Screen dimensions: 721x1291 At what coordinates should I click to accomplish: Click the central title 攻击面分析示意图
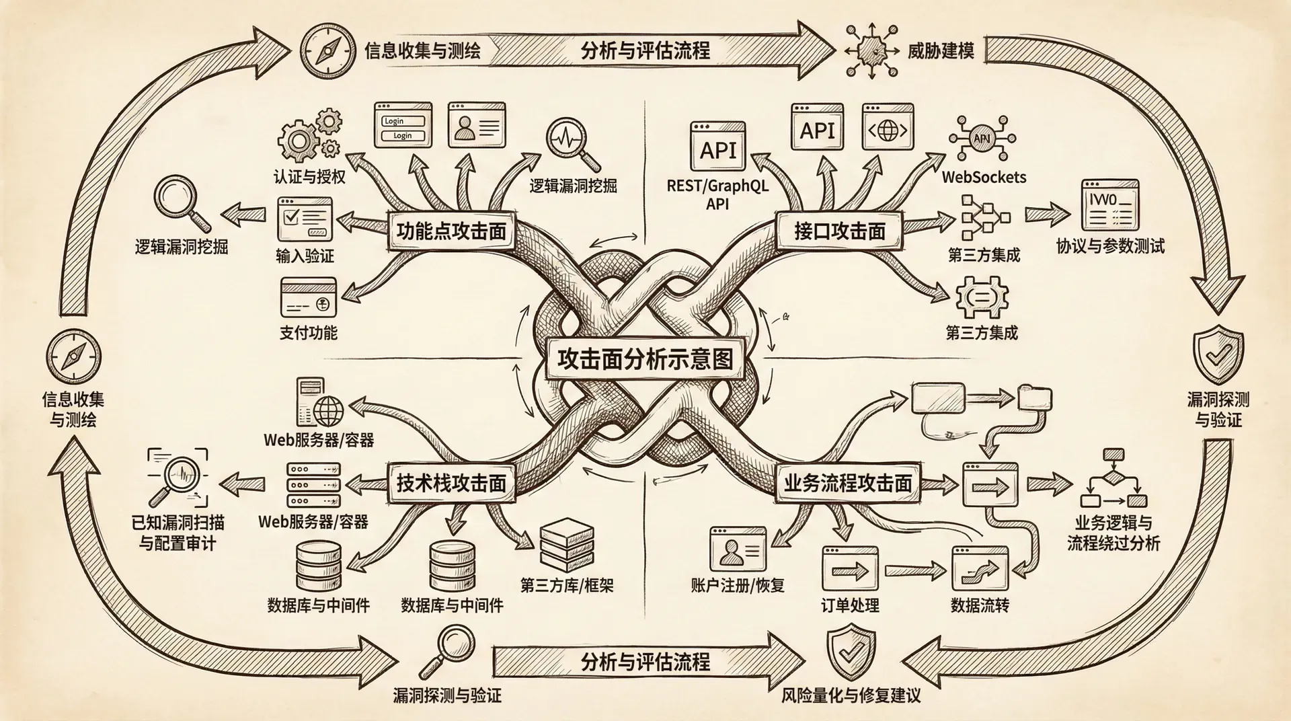[x=644, y=359]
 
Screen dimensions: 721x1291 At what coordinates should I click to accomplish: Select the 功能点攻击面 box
[x=451, y=231]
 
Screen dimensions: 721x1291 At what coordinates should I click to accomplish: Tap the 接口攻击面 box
[x=839, y=231]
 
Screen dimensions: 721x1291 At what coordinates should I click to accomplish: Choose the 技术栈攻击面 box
[x=451, y=483]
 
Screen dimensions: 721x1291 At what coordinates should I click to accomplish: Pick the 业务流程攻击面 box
[x=847, y=483]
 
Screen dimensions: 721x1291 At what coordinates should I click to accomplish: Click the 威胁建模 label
[x=941, y=50]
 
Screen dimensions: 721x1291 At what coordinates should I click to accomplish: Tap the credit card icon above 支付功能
[x=308, y=297]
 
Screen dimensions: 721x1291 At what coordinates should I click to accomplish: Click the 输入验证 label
[x=305, y=256]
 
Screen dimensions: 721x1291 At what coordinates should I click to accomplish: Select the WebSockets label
[x=984, y=178]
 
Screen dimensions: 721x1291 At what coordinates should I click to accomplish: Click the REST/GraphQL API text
[x=717, y=194]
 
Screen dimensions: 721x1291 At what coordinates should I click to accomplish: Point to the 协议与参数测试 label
[x=1110, y=246]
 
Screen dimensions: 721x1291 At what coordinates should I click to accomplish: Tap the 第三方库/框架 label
[x=567, y=585]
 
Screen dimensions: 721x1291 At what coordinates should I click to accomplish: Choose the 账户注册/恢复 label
[x=738, y=585]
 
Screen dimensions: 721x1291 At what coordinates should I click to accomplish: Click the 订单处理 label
[x=850, y=605]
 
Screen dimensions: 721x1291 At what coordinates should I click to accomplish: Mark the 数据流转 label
[x=980, y=605]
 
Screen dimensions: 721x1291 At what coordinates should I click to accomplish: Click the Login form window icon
[x=403, y=125]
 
